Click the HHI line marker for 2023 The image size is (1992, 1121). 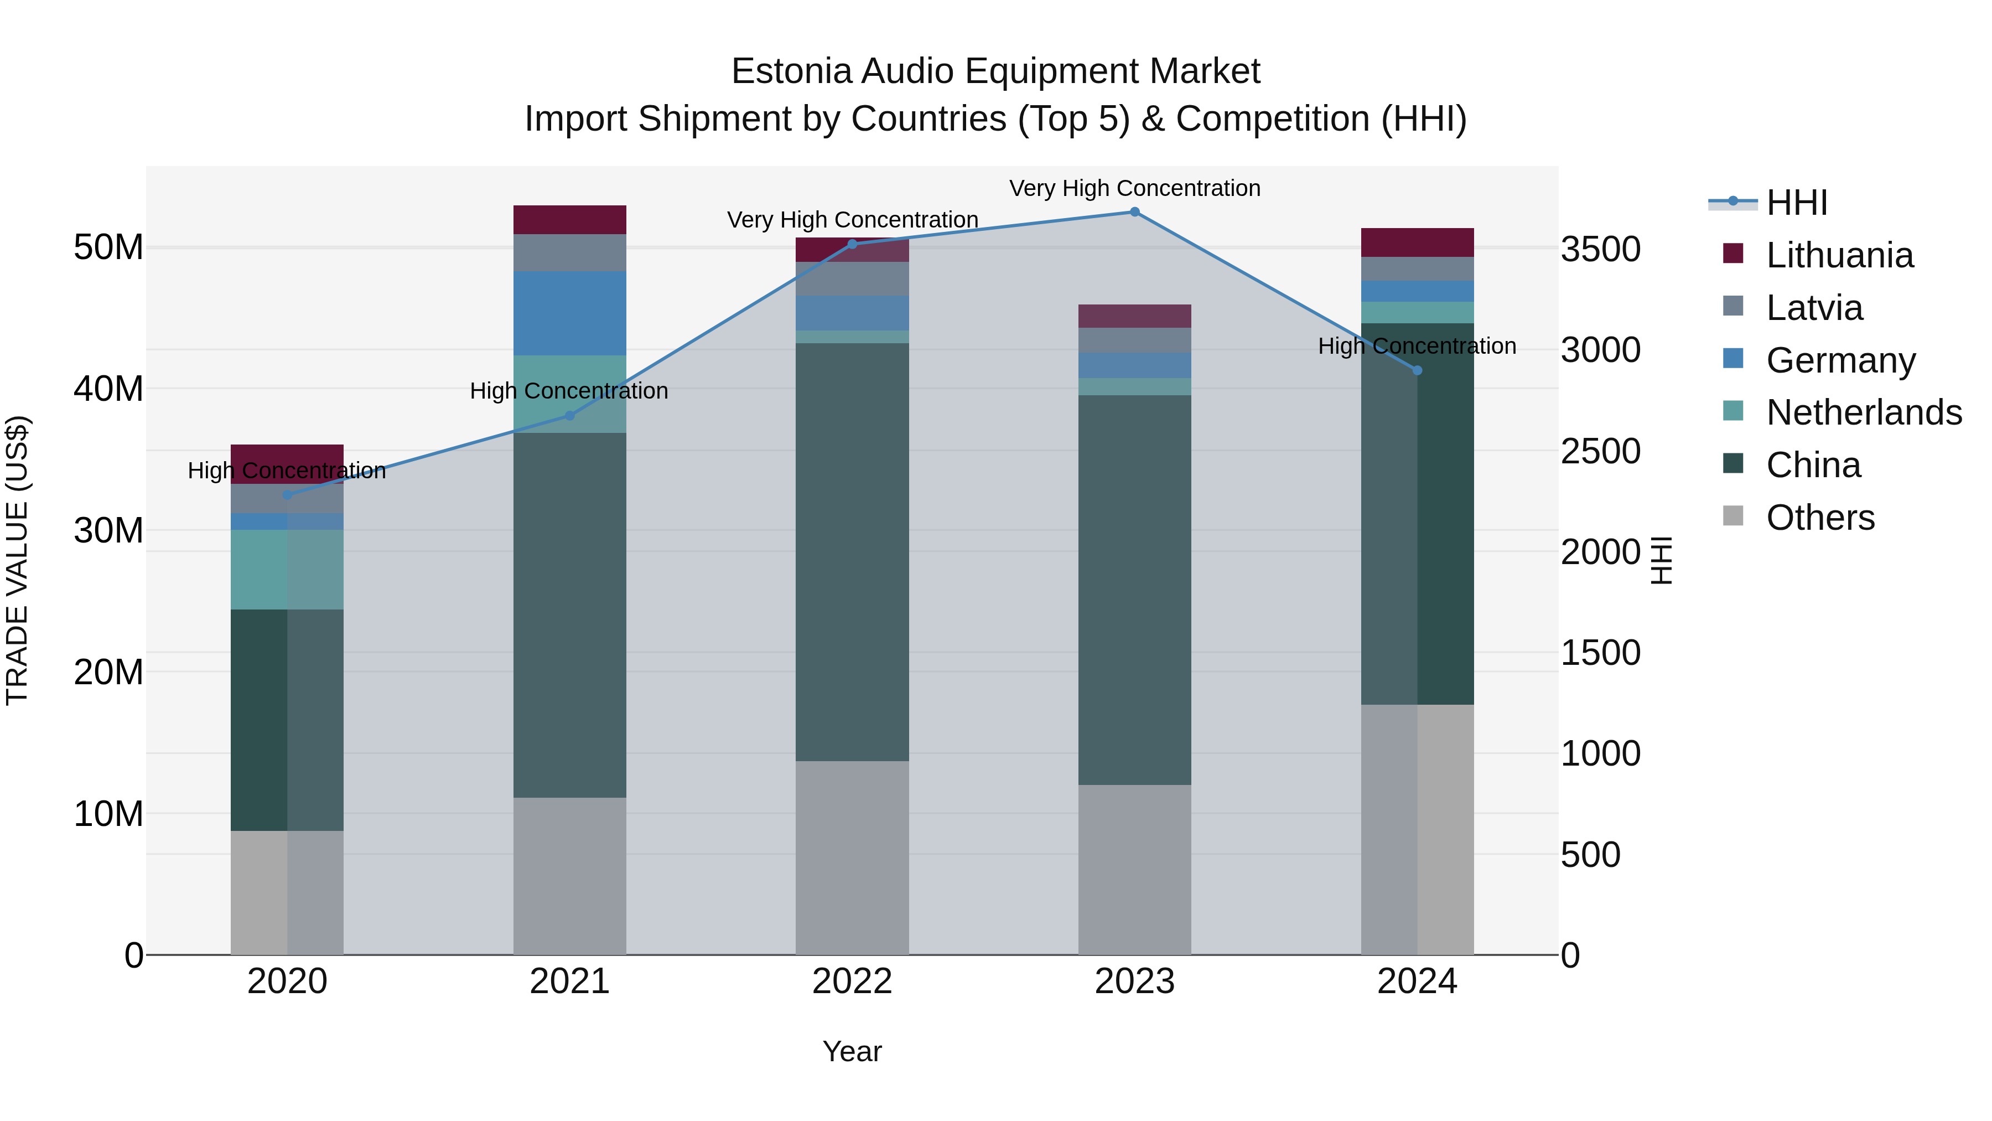click(x=1134, y=212)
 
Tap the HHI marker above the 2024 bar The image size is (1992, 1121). click(x=1417, y=370)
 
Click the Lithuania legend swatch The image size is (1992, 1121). click(x=1733, y=254)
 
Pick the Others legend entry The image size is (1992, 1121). click(x=1819, y=518)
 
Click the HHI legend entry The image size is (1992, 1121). click(x=1796, y=203)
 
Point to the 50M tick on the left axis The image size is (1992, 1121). click(x=108, y=247)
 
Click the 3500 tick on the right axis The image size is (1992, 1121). click(x=1600, y=250)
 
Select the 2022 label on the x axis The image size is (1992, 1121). click(x=852, y=981)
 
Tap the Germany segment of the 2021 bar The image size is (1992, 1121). click(x=569, y=313)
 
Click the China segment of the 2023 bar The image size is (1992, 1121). click(x=1134, y=590)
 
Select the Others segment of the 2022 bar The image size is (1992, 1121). click(x=852, y=857)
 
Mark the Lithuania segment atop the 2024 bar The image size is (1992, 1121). click(x=1417, y=242)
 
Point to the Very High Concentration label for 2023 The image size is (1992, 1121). click(x=1134, y=188)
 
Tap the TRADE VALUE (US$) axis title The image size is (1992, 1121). click(x=17, y=560)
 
